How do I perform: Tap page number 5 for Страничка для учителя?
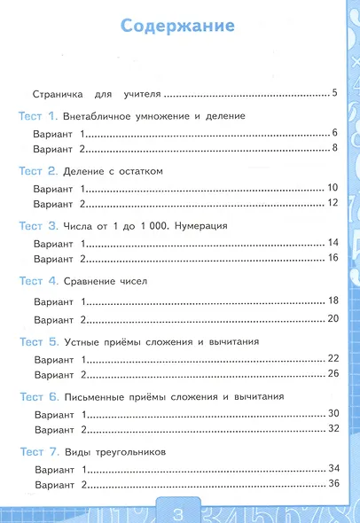click(x=333, y=92)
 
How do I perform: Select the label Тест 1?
click(x=37, y=116)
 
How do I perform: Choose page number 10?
click(x=333, y=188)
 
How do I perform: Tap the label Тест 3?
click(x=37, y=226)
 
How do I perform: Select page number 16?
click(x=333, y=258)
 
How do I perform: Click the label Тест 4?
click(x=37, y=281)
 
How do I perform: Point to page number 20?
click(x=333, y=318)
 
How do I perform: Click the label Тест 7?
click(x=37, y=452)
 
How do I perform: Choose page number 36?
click(x=333, y=484)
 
